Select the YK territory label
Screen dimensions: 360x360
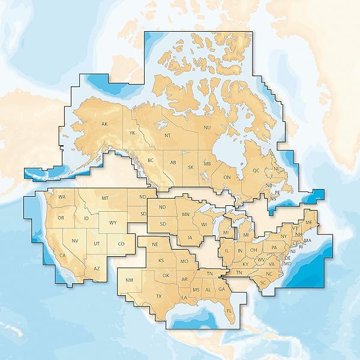(132, 133)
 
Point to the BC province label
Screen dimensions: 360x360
(151, 160)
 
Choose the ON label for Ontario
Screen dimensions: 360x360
(227, 178)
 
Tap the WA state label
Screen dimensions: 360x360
(62, 197)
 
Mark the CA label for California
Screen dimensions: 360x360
(62, 256)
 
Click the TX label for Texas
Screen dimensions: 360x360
(159, 296)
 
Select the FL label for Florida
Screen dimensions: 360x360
(230, 310)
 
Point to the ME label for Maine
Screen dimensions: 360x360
(309, 222)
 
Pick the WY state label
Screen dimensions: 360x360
(113, 223)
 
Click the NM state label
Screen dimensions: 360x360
(130, 281)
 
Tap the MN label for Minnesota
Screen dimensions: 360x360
(186, 214)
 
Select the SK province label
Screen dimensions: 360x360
(190, 167)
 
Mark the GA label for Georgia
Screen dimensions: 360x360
(221, 289)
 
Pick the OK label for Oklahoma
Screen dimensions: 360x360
(166, 275)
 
